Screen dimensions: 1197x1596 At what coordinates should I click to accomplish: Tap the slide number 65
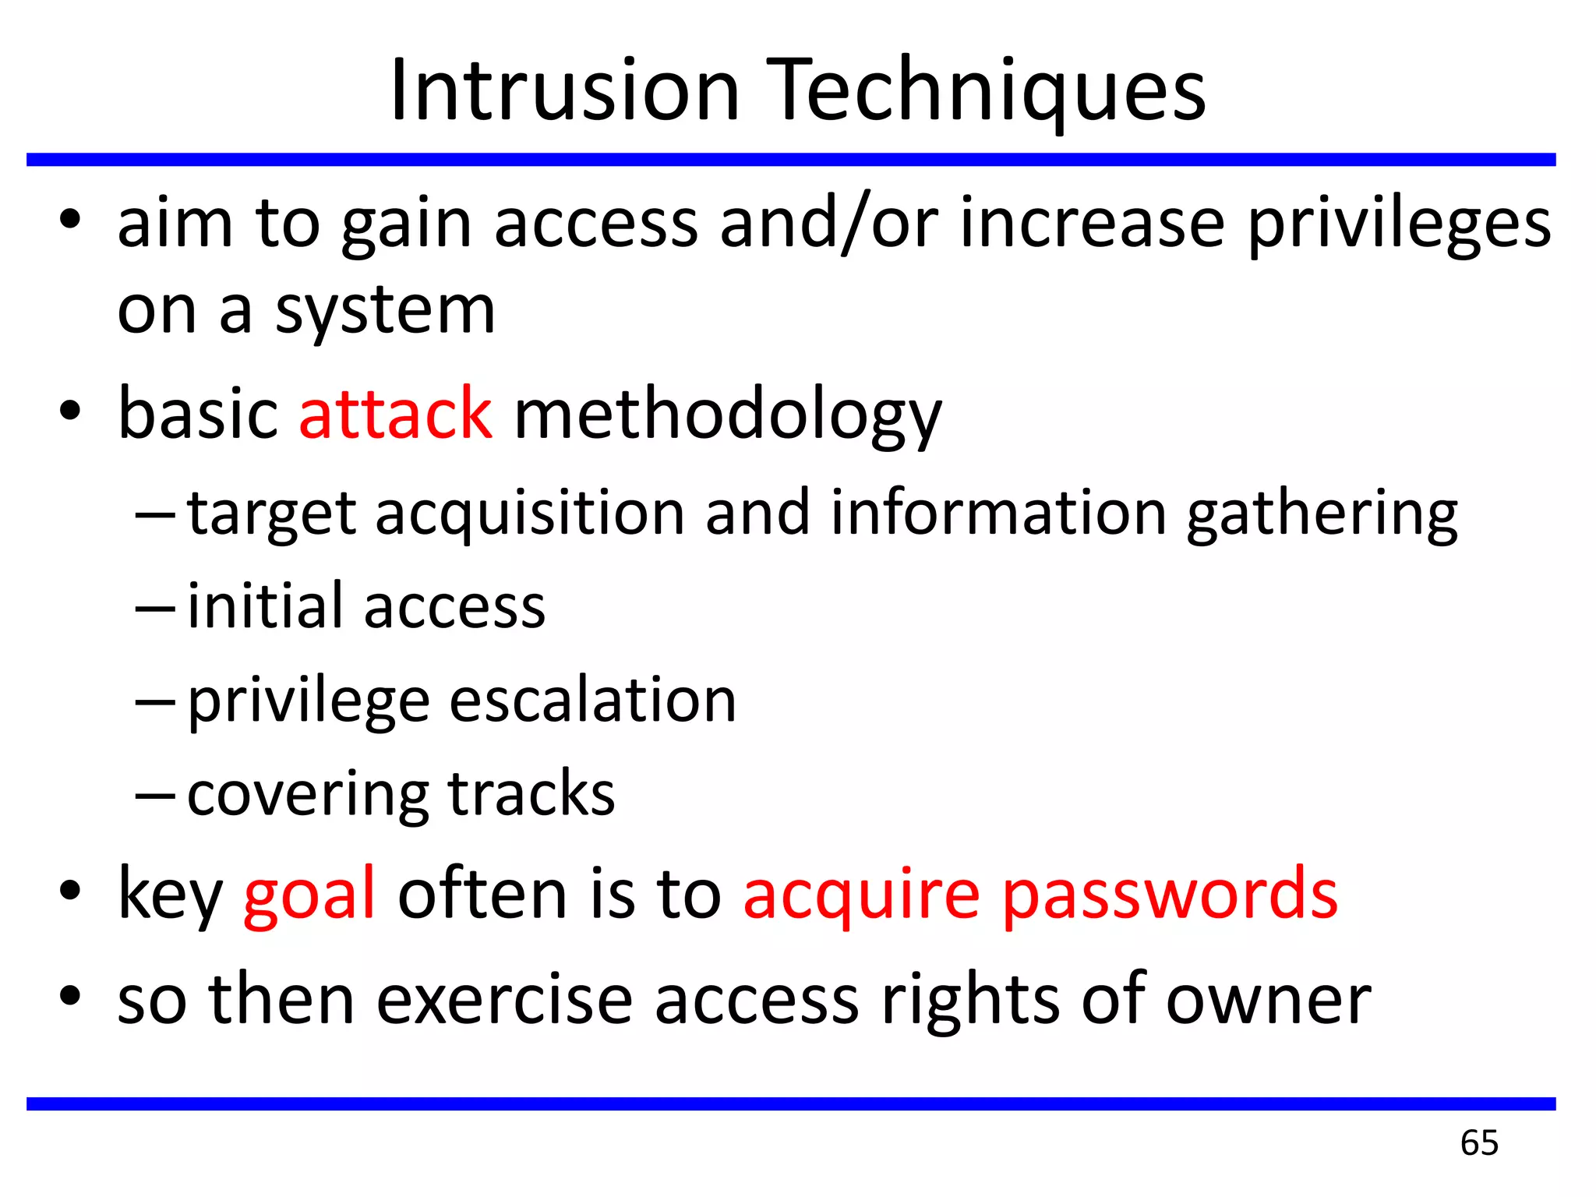[1479, 1142]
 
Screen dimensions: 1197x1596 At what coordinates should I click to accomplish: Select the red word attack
[395, 414]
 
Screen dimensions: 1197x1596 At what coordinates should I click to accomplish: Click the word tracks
[531, 793]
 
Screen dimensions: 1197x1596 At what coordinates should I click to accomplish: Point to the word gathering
[1322, 514]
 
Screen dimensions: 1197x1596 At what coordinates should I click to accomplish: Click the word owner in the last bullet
[1268, 1000]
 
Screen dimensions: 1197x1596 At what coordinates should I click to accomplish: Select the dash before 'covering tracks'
[155, 796]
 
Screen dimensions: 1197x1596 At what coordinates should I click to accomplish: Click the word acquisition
[530, 514]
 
